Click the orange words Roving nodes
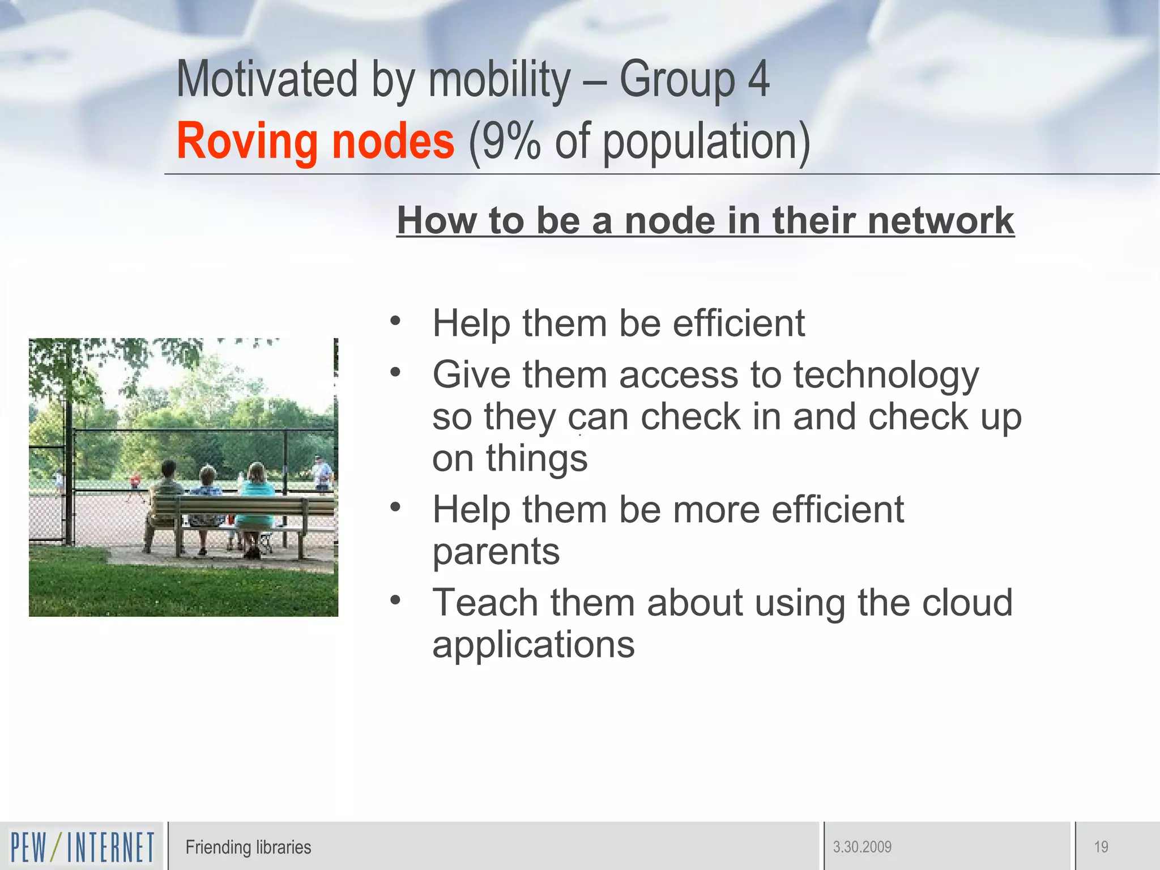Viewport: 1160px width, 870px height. (315, 141)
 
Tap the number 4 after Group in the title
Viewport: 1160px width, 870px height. (758, 79)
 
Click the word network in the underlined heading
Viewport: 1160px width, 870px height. (940, 220)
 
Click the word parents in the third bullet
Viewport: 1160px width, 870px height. (496, 551)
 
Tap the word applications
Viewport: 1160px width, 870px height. (533, 645)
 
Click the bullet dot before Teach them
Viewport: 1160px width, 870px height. (395, 599)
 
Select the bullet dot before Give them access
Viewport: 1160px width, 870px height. (395, 372)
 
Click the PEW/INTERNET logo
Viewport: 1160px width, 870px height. (82, 847)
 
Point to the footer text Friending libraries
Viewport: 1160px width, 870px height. (248, 847)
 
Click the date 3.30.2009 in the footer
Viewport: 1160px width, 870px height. (862, 847)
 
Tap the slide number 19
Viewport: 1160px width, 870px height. (1101, 847)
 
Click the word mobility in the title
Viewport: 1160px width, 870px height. (500, 79)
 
